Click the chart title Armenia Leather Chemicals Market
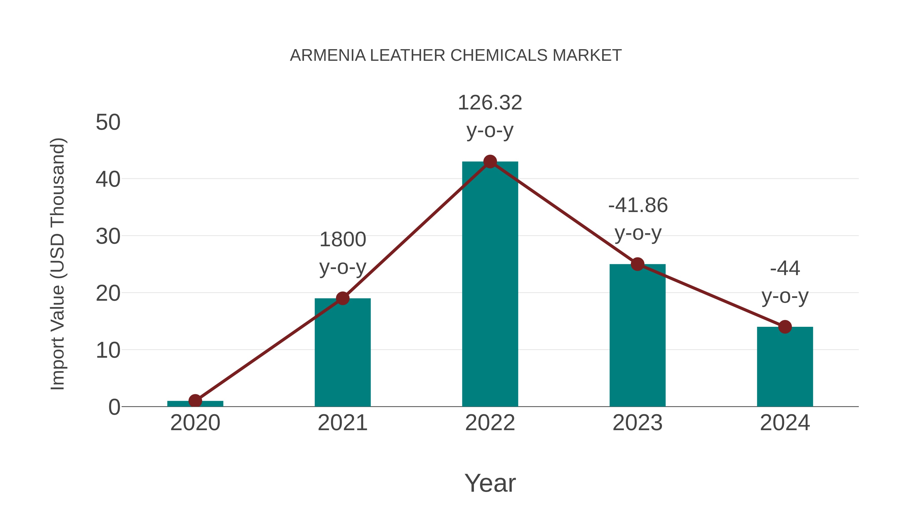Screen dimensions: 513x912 tap(456, 55)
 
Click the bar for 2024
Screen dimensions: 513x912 tap(785, 368)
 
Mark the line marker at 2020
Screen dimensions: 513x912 tap(195, 401)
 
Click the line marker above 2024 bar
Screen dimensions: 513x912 tap(785, 327)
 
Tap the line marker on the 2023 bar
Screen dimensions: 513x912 tap(637, 264)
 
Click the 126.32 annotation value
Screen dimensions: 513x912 tap(490, 103)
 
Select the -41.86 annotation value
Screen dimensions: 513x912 tap(638, 205)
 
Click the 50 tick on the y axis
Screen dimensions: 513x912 tap(108, 123)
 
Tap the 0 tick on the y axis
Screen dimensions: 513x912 tap(114, 407)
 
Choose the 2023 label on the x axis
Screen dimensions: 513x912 tap(637, 423)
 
